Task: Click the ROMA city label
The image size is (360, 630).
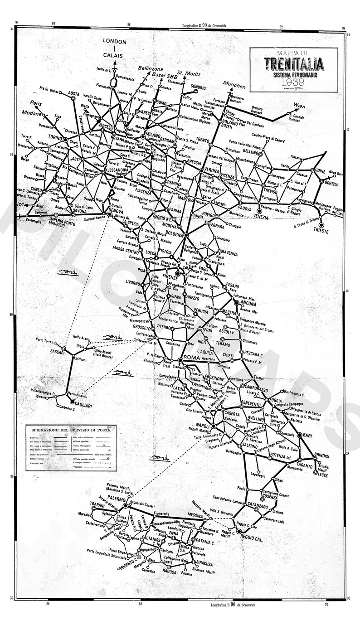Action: coord(191,359)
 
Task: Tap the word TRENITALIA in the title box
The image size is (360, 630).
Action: coord(294,64)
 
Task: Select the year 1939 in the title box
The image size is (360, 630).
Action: coord(293,82)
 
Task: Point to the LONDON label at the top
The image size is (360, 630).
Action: coord(114,41)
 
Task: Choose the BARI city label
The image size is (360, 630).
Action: coord(308,435)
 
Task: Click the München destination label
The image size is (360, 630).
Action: coord(234,86)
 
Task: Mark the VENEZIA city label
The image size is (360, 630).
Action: coord(261,218)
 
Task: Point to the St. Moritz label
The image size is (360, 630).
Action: coord(189,73)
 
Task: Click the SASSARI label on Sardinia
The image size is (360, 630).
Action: coord(57,352)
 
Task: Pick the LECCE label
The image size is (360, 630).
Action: coord(323,474)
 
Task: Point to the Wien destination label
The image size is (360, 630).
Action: coord(299,106)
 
